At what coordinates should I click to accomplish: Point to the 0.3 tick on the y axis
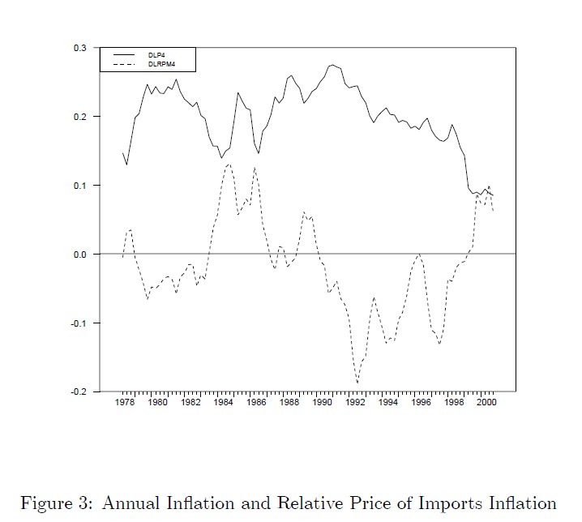pyautogui.click(x=80, y=48)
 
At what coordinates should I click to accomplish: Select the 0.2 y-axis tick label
pyautogui.click(x=80, y=117)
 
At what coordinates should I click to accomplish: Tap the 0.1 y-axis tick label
pyautogui.click(x=80, y=186)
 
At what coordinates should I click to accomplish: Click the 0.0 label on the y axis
pyautogui.click(x=80, y=255)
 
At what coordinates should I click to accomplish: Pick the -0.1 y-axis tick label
pyautogui.click(x=79, y=323)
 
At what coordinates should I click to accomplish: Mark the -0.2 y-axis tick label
pyautogui.click(x=79, y=391)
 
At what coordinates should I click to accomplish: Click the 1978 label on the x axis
pyautogui.click(x=125, y=403)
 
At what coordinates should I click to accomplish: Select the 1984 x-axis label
pyautogui.click(x=224, y=403)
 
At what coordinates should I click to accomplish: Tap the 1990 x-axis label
pyautogui.click(x=323, y=403)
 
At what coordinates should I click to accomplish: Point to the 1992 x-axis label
pyautogui.click(x=355, y=403)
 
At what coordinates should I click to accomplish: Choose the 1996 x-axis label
pyautogui.click(x=421, y=403)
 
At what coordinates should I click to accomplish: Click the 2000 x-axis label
pyautogui.click(x=486, y=403)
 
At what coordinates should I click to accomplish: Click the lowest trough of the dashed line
pyautogui.click(x=357, y=383)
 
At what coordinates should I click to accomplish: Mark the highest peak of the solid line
pyautogui.click(x=332, y=65)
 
